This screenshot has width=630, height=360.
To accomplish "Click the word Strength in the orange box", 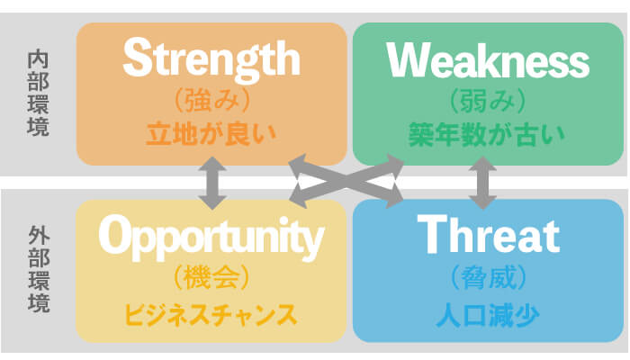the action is (211, 60).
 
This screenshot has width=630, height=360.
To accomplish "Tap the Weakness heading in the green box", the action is (488, 60).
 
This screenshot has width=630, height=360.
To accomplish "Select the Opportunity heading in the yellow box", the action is (211, 238).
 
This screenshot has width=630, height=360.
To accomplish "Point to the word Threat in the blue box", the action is (489, 234).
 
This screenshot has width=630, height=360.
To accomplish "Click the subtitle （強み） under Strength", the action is (212, 101).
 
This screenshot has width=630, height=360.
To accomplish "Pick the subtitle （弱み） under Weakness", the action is (488, 101).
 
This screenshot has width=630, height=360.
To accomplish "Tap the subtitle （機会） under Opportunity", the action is (211, 277).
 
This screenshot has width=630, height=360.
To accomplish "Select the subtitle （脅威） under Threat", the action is (489, 277).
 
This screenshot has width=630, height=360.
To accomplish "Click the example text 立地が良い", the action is (211, 134).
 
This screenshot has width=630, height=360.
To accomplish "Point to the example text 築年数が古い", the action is (487, 135).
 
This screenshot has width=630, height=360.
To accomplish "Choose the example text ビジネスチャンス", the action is (211, 315).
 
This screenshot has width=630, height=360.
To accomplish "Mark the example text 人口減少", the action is (488, 315).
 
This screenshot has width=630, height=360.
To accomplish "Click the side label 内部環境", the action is (38, 94).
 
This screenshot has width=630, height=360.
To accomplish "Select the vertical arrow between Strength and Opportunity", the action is (212, 184).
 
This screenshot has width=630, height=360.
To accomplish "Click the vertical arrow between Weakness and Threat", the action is (482, 184).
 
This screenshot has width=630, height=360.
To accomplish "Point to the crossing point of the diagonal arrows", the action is (346, 181).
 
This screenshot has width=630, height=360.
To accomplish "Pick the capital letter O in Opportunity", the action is (115, 234).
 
